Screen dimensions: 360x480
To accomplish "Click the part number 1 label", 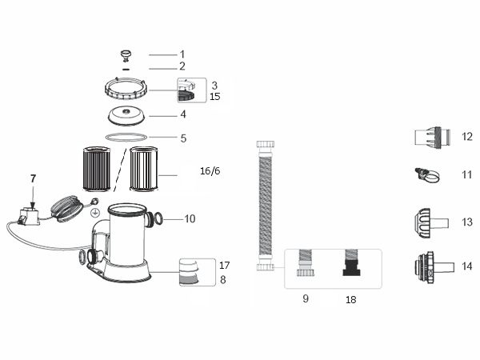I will click(x=182, y=54).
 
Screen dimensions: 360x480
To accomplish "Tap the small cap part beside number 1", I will click(x=126, y=54).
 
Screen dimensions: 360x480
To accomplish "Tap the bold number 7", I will click(x=33, y=178).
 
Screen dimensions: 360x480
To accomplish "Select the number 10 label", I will click(x=190, y=218).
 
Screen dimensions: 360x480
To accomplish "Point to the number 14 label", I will click(x=466, y=266).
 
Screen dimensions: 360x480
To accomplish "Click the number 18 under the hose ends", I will click(x=350, y=300).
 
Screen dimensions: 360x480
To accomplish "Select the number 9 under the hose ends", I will click(x=305, y=299).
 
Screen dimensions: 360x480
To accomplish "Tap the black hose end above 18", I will click(x=350, y=265).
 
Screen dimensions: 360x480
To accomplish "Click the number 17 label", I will click(x=224, y=265).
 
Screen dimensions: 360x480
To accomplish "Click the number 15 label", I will click(x=214, y=97).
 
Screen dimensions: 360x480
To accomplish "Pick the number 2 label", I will click(x=182, y=66).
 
